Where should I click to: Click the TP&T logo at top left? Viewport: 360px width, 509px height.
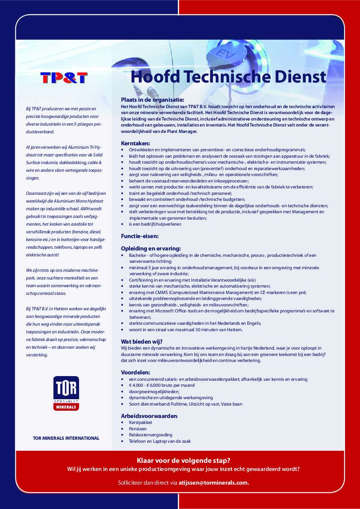tap(64, 78)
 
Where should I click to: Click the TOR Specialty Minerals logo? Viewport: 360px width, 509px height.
tap(66, 393)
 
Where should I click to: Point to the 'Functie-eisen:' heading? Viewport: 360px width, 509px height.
tap(140, 235)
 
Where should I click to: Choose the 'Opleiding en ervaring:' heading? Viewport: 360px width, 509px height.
tap(150, 248)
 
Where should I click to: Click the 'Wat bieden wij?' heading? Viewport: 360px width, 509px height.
tap(142, 341)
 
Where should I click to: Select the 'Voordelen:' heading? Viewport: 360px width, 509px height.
tap(135, 372)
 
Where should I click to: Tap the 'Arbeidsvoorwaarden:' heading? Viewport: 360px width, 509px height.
tap(149, 415)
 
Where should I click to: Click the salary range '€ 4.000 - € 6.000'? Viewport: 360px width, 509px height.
tap(148, 385)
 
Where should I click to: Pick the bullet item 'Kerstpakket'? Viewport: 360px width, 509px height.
tap(140, 422)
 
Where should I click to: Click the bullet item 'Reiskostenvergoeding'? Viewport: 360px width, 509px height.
tap(150, 435)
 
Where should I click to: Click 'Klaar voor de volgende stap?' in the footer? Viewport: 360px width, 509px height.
tap(183, 460)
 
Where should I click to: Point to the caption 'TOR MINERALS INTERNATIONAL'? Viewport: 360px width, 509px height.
tap(66, 438)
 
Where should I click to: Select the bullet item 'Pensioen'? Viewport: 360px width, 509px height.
tap(138, 429)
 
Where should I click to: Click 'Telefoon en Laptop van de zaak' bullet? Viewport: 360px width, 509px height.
tap(159, 441)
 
